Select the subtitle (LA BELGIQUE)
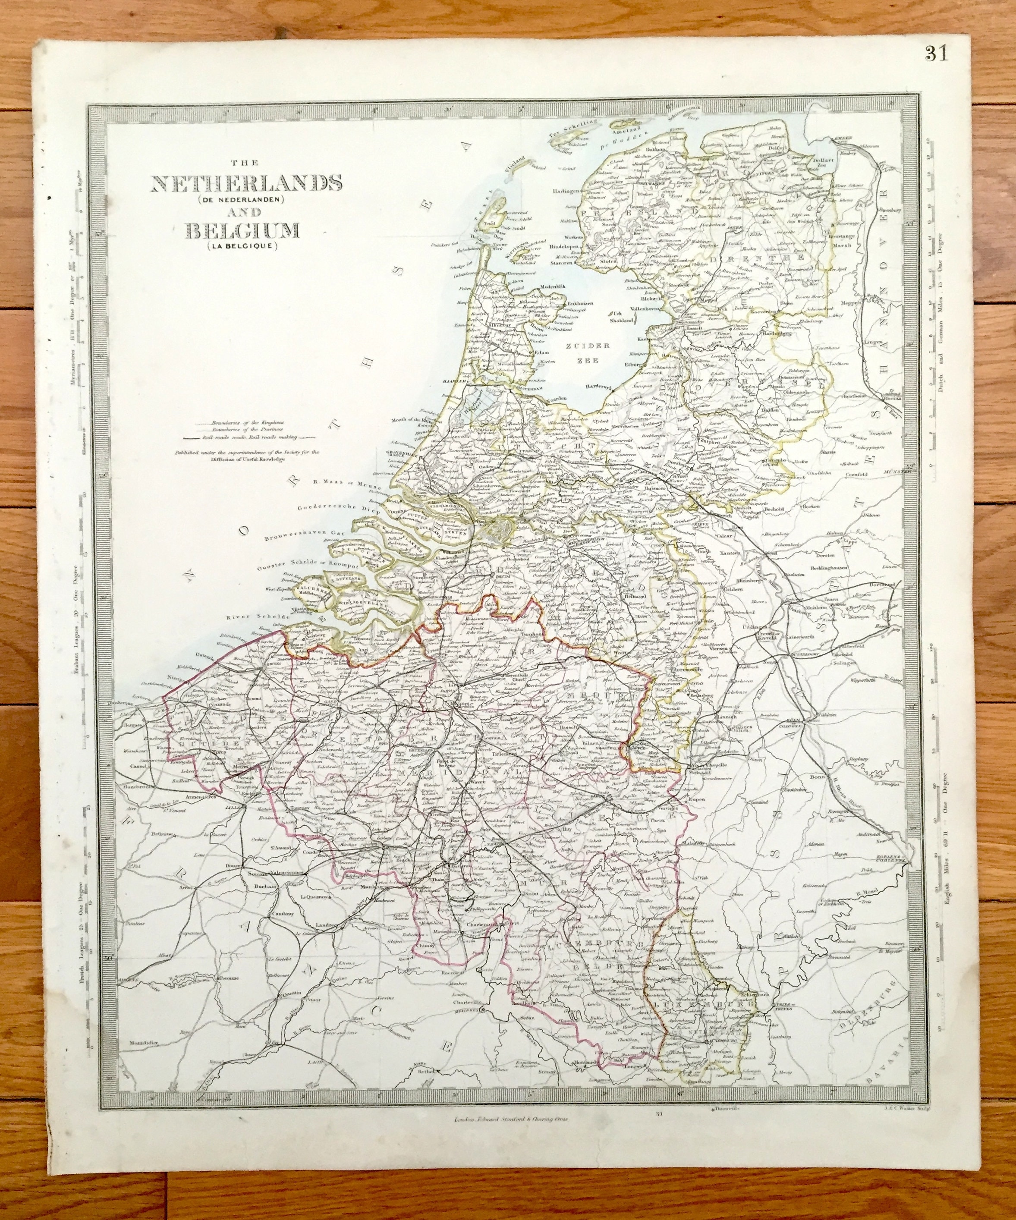click(x=241, y=248)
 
